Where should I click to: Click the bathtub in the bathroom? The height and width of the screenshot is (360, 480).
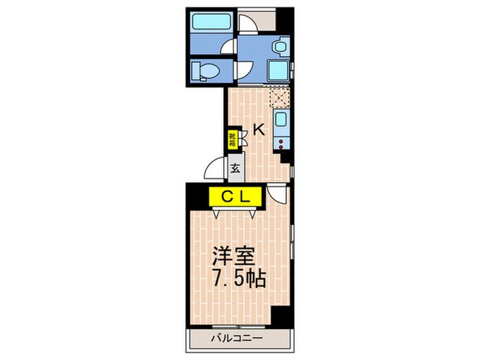211,21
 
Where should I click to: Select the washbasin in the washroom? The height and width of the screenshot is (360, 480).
280,47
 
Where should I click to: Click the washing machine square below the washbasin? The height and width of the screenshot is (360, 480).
278,71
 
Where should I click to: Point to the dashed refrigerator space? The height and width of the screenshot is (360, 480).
279,97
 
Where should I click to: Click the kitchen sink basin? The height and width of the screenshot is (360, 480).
280,119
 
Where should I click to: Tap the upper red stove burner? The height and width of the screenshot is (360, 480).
280,141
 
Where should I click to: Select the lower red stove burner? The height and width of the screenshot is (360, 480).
280,147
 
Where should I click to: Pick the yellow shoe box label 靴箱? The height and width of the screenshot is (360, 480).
232,139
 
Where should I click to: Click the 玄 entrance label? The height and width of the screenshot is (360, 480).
235,169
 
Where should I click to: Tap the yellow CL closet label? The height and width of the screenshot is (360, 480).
235,197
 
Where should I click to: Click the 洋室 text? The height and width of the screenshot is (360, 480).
235,256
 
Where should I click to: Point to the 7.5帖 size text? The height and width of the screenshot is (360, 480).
239,278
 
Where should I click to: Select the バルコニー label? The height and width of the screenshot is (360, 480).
237,338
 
